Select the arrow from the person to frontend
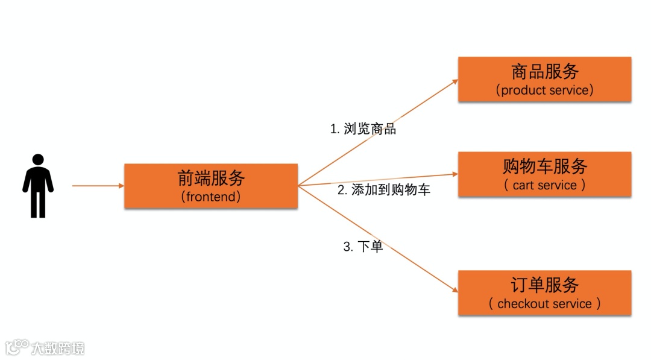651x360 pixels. coord(96,186)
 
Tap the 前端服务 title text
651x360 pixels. coord(211,178)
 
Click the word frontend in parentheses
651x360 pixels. coord(211,197)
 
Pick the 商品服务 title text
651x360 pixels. coord(544,72)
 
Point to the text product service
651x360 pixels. coord(544,90)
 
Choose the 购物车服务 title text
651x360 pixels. coord(544,166)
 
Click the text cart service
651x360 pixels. coord(544,185)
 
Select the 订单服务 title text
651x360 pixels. coord(544,285)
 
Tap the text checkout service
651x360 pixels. coord(544,304)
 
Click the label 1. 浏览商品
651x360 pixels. coord(363,129)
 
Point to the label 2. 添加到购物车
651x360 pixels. coord(383,190)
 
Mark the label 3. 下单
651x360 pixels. coord(363,247)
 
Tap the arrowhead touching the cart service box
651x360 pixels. coord(454,174)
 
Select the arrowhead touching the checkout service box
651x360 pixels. coord(454,291)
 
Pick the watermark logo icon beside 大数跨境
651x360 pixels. coord(17,347)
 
